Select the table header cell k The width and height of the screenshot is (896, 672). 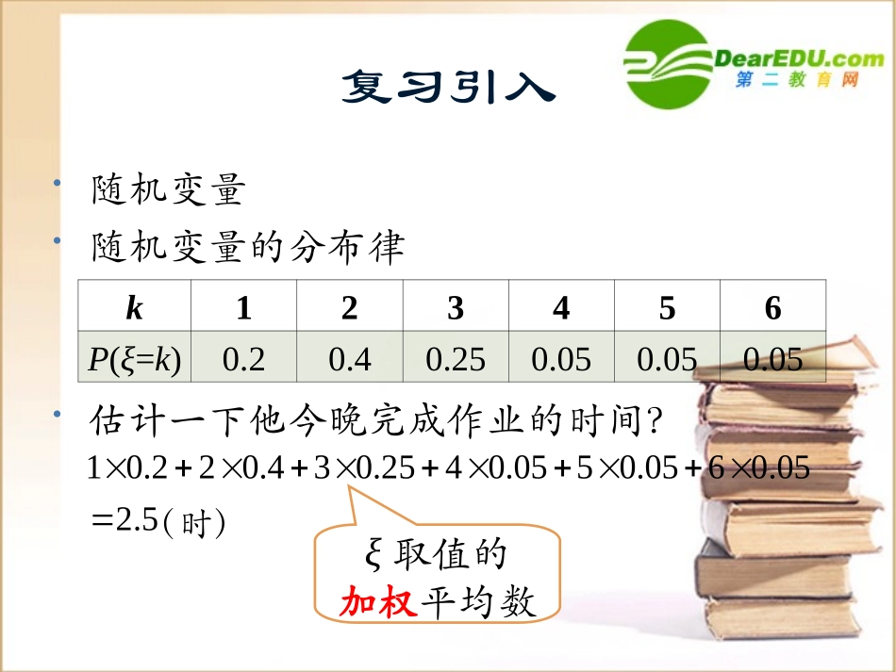click(134, 307)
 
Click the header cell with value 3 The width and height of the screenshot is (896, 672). click(456, 307)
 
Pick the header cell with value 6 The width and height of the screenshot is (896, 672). click(772, 307)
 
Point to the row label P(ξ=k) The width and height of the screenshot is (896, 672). click(134, 358)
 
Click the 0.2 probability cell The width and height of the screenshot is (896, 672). click(243, 358)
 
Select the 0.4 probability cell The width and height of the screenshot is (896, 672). click(349, 358)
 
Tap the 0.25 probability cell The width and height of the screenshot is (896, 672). click(456, 358)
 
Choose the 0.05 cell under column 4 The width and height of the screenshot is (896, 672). click(561, 358)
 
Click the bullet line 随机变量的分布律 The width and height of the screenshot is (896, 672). click(248, 248)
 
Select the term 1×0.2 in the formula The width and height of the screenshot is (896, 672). click(125, 467)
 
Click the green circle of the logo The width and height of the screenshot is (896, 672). click(668, 63)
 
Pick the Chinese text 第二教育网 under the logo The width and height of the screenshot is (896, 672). click(797, 82)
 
